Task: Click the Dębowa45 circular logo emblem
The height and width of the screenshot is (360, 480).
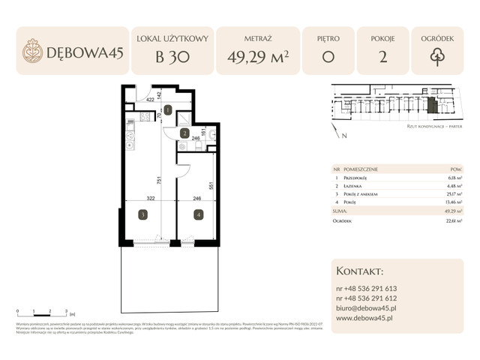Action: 33,51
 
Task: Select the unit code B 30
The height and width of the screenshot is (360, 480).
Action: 172,57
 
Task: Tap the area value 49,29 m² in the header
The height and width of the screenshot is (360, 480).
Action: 256,57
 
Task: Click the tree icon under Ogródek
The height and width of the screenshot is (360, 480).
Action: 437,57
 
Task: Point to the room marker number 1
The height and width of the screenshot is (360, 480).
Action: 168,110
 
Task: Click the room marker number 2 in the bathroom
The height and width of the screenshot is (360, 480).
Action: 184,133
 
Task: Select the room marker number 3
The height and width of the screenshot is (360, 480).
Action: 142,214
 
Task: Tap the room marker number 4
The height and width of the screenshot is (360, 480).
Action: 198,214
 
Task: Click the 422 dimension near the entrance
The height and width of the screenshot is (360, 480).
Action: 150,99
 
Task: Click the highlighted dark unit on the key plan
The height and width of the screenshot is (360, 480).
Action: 431,106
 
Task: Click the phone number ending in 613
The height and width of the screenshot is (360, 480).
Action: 367,288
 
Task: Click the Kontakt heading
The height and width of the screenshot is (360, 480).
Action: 361,271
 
